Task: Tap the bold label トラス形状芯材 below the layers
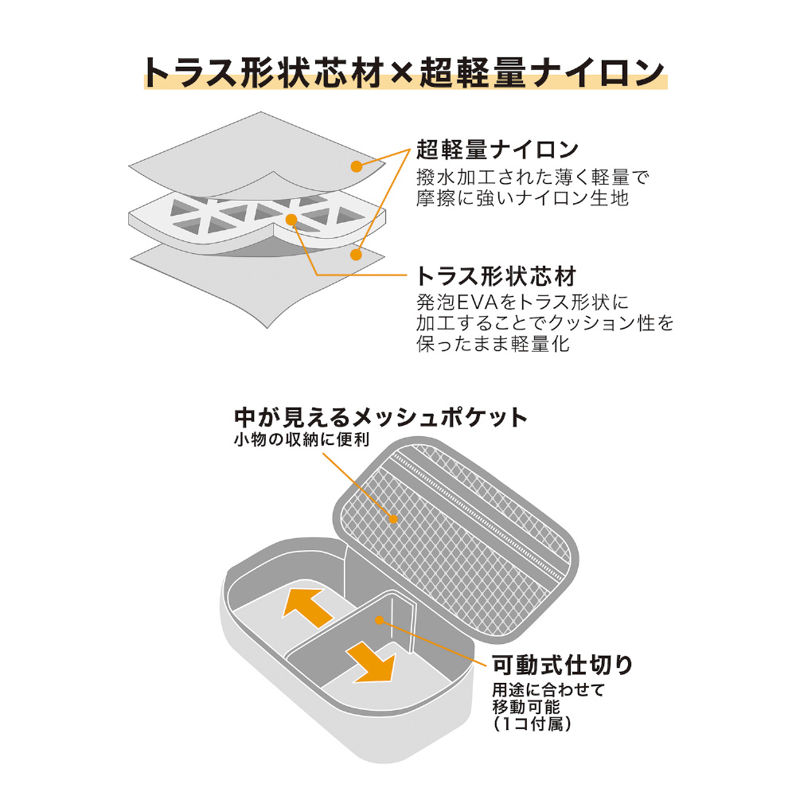tap(495, 277)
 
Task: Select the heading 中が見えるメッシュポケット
tap(380, 417)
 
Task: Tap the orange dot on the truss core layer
tap(291, 219)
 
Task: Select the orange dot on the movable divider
tap(380, 618)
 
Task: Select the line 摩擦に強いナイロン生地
tap(522, 198)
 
